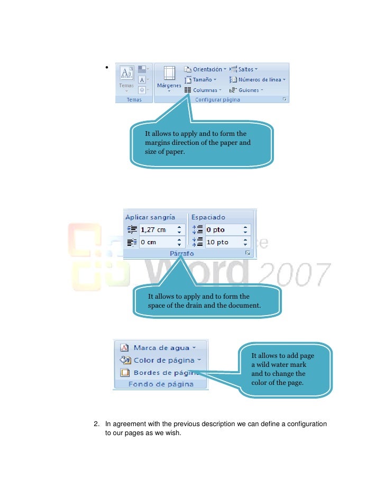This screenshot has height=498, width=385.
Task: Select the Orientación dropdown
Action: click(205, 69)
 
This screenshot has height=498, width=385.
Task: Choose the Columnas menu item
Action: click(203, 90)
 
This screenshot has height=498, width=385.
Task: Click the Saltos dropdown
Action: click(244, 69)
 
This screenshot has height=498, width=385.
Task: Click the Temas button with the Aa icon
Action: click(126, 77)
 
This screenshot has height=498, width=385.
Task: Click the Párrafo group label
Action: click(181, 254)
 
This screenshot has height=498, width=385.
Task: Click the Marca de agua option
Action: click(161, 348)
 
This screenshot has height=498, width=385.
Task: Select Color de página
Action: click(163, 360)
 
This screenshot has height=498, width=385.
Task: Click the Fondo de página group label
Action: click(161, 384)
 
